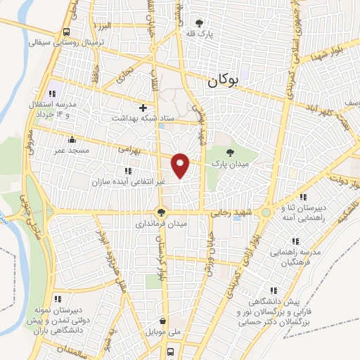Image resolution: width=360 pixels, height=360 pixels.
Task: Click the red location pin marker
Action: (x=181, y=165)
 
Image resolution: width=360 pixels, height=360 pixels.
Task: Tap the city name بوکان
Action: (x=224, y=82)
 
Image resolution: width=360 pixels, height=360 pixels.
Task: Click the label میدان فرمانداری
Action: (x=162, y=224)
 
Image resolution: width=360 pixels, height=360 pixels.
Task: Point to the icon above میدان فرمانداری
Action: (x=162, y=212)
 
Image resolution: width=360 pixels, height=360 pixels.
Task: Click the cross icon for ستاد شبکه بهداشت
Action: (x=143, y=108)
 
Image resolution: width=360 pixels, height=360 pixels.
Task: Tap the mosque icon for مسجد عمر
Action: (x=72, y=140)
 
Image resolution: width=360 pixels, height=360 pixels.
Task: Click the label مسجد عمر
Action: (x=72, y=150)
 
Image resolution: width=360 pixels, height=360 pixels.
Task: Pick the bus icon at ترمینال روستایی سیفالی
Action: (x=66, y=32)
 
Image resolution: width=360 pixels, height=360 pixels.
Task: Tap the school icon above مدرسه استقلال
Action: (x=52, y=94)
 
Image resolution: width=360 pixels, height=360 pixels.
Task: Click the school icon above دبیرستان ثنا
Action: (x=303, y=198)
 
